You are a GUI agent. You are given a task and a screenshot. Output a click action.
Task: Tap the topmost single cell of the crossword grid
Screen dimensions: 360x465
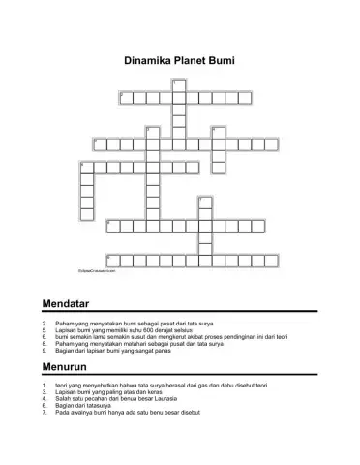(178, 84)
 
